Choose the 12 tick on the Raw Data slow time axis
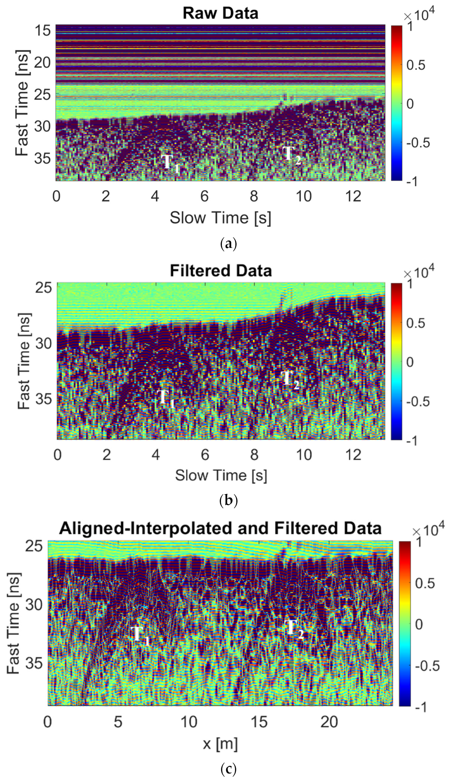(x=353, y=196)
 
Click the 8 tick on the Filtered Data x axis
(x=254, y=455)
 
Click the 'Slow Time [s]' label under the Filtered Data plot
(x=221, y=475)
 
